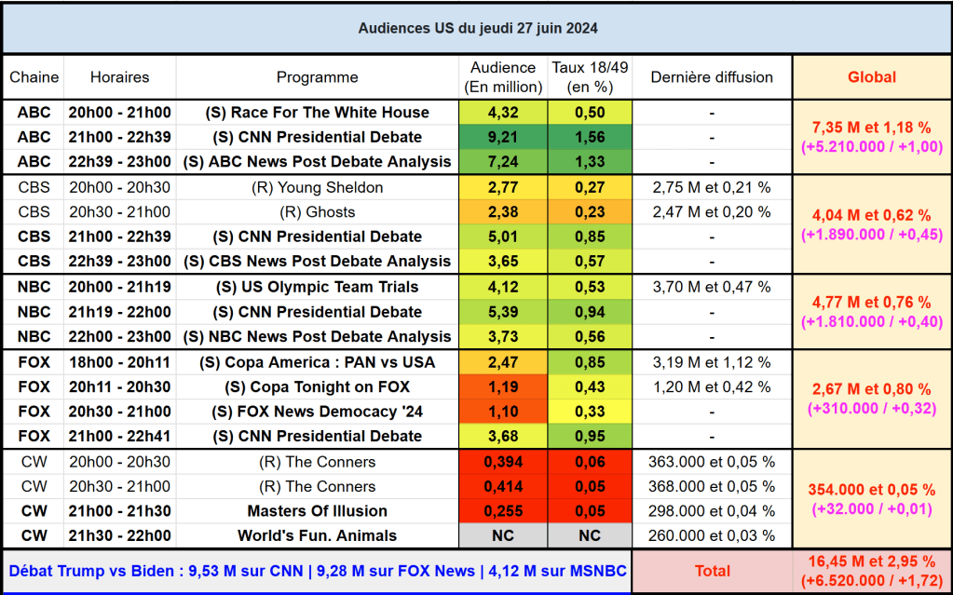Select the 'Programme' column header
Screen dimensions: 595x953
point(317,77)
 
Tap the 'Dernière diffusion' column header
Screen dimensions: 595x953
point(712,77)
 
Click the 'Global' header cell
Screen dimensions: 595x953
point(871,77)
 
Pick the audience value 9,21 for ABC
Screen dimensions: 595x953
point(502,137)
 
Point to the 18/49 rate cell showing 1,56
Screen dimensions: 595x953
point(590,137)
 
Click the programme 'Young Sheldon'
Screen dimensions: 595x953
point(317,187)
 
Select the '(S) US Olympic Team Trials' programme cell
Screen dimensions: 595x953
point(317,287)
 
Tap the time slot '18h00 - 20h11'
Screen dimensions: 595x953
point(119,361)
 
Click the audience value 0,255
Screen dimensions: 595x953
point(502,511)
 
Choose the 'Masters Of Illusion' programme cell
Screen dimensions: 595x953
point(317,511)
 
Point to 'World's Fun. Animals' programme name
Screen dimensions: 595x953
point(317,535)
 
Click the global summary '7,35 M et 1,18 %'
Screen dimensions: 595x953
point(871,127)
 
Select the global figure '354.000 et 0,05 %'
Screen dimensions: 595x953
point(871,490)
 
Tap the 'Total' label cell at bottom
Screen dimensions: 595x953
point(712,571)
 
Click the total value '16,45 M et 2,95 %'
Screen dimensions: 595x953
point(871,561)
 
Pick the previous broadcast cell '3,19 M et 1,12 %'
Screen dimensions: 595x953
point(712,361)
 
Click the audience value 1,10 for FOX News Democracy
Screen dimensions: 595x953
point(502,412)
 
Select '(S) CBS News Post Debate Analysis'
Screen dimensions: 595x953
point(317,262)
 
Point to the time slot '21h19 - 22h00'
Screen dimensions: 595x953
point(119,312)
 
